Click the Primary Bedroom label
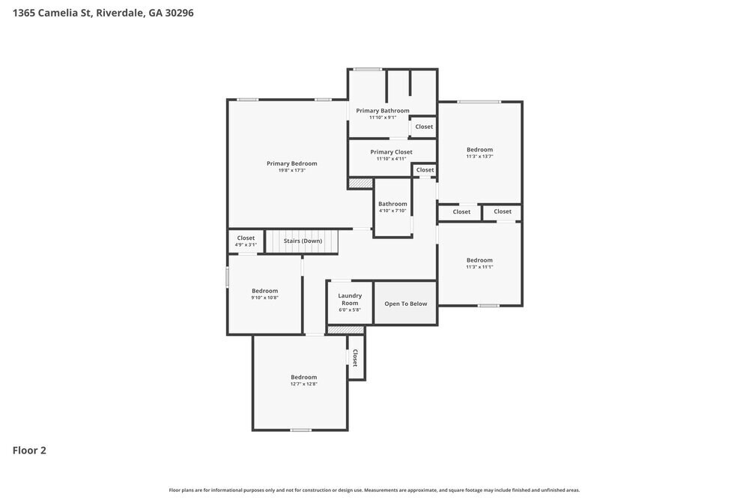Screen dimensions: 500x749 pyautogui.click(x=291, y=163)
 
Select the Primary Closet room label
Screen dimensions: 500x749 pyautogui.click(x=391, y=152)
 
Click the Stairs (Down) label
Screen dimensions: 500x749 pyautogui.click(x=303, y=241)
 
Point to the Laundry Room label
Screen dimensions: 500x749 pyautogui.click(x=350, y=299)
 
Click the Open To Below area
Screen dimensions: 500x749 pyautogui.click(x=405, y=304)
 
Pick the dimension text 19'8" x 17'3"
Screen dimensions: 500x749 pyautogui.click(x=291, y=171)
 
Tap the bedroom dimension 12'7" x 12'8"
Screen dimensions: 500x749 pyautogui.click(x=303, y=384)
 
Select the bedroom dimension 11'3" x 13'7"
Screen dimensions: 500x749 pyautogui.click(x=479, y=157)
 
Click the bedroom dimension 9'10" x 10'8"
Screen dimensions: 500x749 pyautogui.click(x=264, y=298)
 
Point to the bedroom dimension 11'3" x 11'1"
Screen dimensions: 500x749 pyautogui.click(x=479, y=267)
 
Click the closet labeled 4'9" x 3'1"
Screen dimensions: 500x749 pyautogui.click(x=246, y=244)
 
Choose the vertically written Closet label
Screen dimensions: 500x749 pyautogui.click(x=355, y=358)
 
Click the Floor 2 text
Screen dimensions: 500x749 pyautogui.click(x=29, y=451)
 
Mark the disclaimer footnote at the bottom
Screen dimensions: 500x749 pyautogui.click(x=374, y=490)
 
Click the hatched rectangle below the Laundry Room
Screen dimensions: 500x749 pyautogui.click(x=345, y=330)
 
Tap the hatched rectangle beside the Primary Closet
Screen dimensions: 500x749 pyautogui.click(x=360, y=183)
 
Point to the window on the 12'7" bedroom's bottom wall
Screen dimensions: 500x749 pyautogui.click(x=300, y=430)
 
